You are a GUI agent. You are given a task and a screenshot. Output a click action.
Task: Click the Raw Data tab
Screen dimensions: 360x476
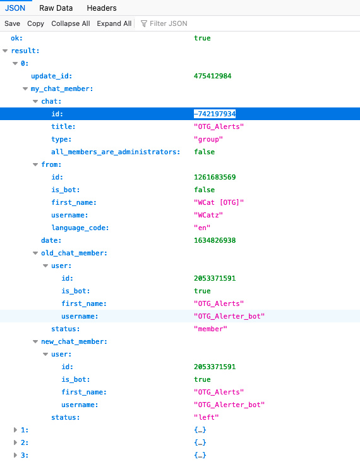pos(56,8)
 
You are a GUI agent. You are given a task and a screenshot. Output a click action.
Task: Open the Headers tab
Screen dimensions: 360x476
pos(102,8)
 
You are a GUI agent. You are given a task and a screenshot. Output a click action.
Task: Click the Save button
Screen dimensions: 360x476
pos(12,23)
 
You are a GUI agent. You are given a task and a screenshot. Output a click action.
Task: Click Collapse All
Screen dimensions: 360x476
pos(71,23)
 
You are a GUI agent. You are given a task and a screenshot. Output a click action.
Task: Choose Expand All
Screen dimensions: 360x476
pos(114,23)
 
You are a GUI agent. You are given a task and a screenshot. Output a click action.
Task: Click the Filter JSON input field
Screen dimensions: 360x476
pos(169,23)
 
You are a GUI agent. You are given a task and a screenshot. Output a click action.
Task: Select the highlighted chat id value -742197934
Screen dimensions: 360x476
pos(215,114)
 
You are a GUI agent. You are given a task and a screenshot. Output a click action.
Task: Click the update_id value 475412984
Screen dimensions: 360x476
pos(213,76)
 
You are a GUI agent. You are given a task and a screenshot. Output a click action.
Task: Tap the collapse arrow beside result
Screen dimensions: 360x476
pos(5,51)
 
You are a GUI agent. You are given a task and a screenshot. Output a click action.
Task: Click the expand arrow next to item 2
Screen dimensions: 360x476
pos(15,442)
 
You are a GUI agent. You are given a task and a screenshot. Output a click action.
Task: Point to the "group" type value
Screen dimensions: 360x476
pos(208,139)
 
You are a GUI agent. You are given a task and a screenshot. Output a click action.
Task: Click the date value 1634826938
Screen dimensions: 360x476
pos(215,240)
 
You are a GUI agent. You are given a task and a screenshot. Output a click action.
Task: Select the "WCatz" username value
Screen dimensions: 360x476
pos(208,215)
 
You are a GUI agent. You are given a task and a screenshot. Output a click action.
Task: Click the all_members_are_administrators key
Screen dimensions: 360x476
pos(116,152)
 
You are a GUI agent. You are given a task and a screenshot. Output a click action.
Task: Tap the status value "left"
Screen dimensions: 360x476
pos(207,417)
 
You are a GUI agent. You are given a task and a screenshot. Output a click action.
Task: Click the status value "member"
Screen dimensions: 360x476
pos(210,329)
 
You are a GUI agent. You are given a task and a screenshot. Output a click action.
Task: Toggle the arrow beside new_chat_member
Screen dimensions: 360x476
pos(35,342)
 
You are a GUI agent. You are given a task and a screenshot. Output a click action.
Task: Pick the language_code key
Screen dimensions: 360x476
pos(80,228)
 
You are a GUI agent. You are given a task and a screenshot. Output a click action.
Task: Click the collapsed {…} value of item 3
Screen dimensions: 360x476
pos(200,455)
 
